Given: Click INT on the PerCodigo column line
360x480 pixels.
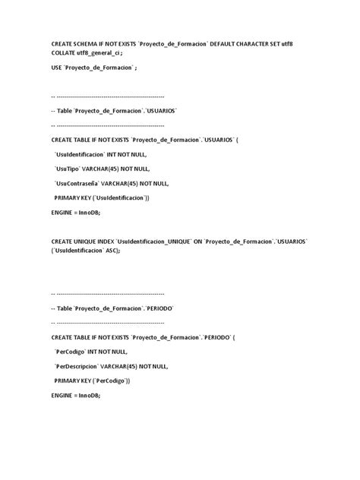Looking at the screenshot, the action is tap(96, 351).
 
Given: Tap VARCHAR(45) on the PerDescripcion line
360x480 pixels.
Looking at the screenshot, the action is tap(137, 365).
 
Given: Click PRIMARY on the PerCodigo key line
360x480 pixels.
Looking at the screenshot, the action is tap(70, 380).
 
